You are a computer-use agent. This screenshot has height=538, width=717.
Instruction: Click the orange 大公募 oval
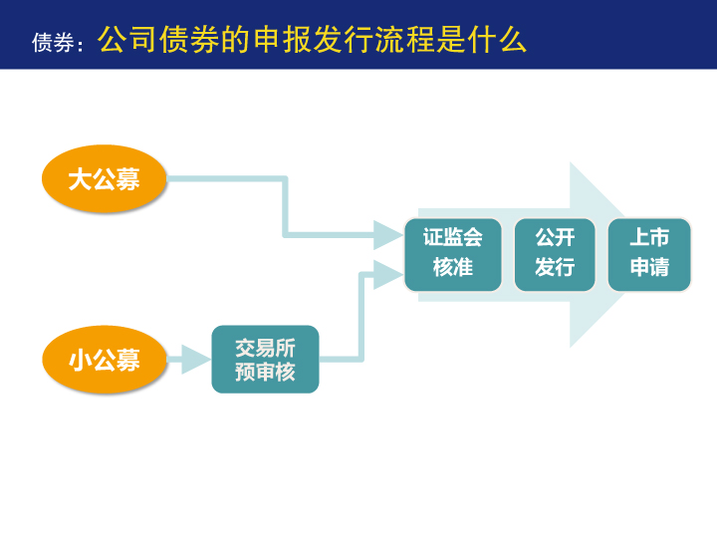tap(104, 178)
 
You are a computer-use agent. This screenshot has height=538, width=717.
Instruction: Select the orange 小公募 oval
tap(105, 360)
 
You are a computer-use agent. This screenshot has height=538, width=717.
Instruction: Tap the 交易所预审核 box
tap(265, 359)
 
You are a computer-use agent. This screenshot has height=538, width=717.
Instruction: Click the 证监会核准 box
tap(453, 254)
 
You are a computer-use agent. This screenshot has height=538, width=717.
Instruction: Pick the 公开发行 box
tap(555, 254)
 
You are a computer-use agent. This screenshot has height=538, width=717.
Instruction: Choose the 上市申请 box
tap(649, 254)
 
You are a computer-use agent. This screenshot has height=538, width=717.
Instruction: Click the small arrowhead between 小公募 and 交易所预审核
tap(196, 360)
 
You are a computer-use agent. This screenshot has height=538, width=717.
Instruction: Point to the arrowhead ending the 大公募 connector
tap(388, 235)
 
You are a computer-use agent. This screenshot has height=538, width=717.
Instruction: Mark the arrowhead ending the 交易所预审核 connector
tap(388, 275)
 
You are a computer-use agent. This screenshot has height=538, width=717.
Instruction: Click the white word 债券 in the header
tap(53, 43)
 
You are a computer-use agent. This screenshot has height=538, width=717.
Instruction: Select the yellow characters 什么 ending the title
tap(497, 39)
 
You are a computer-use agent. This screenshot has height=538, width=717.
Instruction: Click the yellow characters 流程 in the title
tap(404, 39)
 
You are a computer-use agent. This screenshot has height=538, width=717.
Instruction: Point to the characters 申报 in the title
tap(281, 39)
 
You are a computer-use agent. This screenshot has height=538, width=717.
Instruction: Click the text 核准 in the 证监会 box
tap(453, 267)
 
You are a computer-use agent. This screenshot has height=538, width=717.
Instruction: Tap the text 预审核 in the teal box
tap(265, 372)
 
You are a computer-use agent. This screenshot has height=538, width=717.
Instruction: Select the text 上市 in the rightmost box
tap(649, 237)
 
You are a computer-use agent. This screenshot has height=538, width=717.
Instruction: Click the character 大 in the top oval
tap(80, 179)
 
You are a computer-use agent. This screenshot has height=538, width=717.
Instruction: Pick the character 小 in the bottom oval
tap(80, 360)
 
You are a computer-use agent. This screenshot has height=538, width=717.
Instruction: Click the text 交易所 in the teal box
tap(265, 348)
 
